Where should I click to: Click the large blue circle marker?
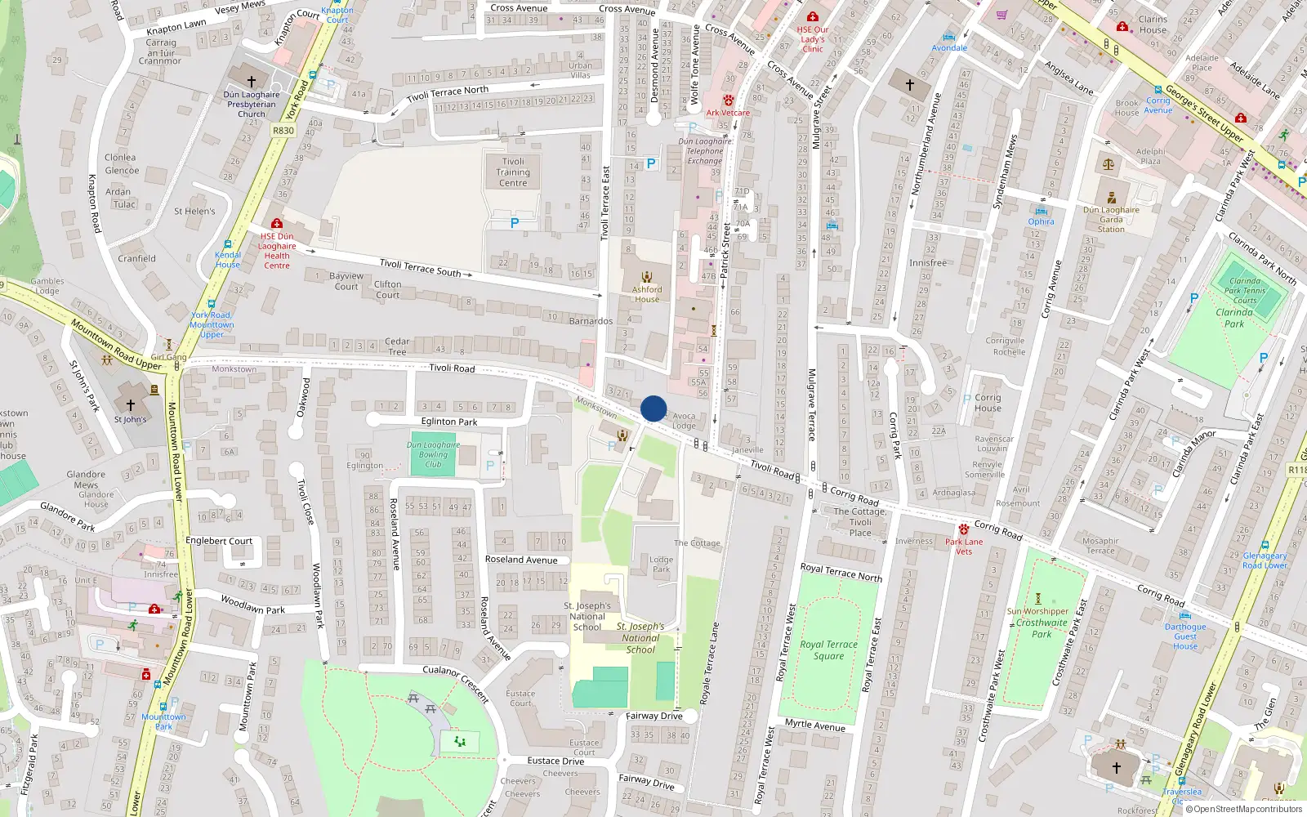click(x=653, y=408)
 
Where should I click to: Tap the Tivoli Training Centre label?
click(x=513, y=172)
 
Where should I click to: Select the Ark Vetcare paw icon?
click(x=728, y=100)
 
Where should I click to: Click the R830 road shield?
click(x=283, y=131)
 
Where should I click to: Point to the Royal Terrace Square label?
click(x=828, y=650)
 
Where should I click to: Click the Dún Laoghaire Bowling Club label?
click(x=433, y=455)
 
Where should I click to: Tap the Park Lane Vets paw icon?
click(x=964, y=529)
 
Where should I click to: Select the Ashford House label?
click(x=647, y=294)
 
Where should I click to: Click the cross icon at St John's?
click(x=131, y=405)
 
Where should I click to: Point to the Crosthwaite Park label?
click(x=1042, y=628)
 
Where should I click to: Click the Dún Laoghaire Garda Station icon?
click(x=1111, y=198)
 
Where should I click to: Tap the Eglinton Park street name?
click(x=449, y=422)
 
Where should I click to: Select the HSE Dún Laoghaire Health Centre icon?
click(x=277, y=223)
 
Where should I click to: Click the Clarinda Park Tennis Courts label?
click(x=1245, y=290)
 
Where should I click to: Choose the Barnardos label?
click(x=591, y=321)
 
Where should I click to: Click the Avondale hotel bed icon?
click(x=948, y=37)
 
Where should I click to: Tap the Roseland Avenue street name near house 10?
click(x=520, y=560)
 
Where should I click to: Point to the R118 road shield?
click(x=1296, y=470)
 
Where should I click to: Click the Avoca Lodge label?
click(x=684, y=421)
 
